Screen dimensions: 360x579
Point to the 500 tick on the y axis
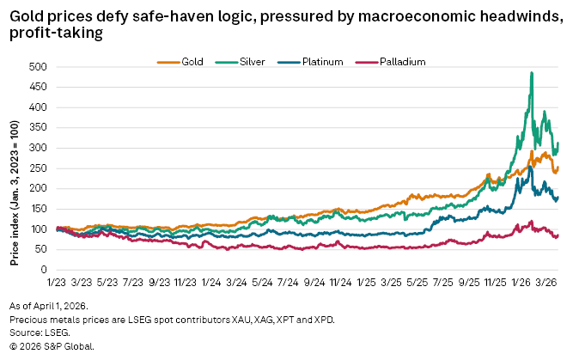39,67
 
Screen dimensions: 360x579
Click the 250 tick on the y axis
39,168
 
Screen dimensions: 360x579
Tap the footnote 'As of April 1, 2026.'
53,306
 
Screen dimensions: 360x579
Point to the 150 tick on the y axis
39,209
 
